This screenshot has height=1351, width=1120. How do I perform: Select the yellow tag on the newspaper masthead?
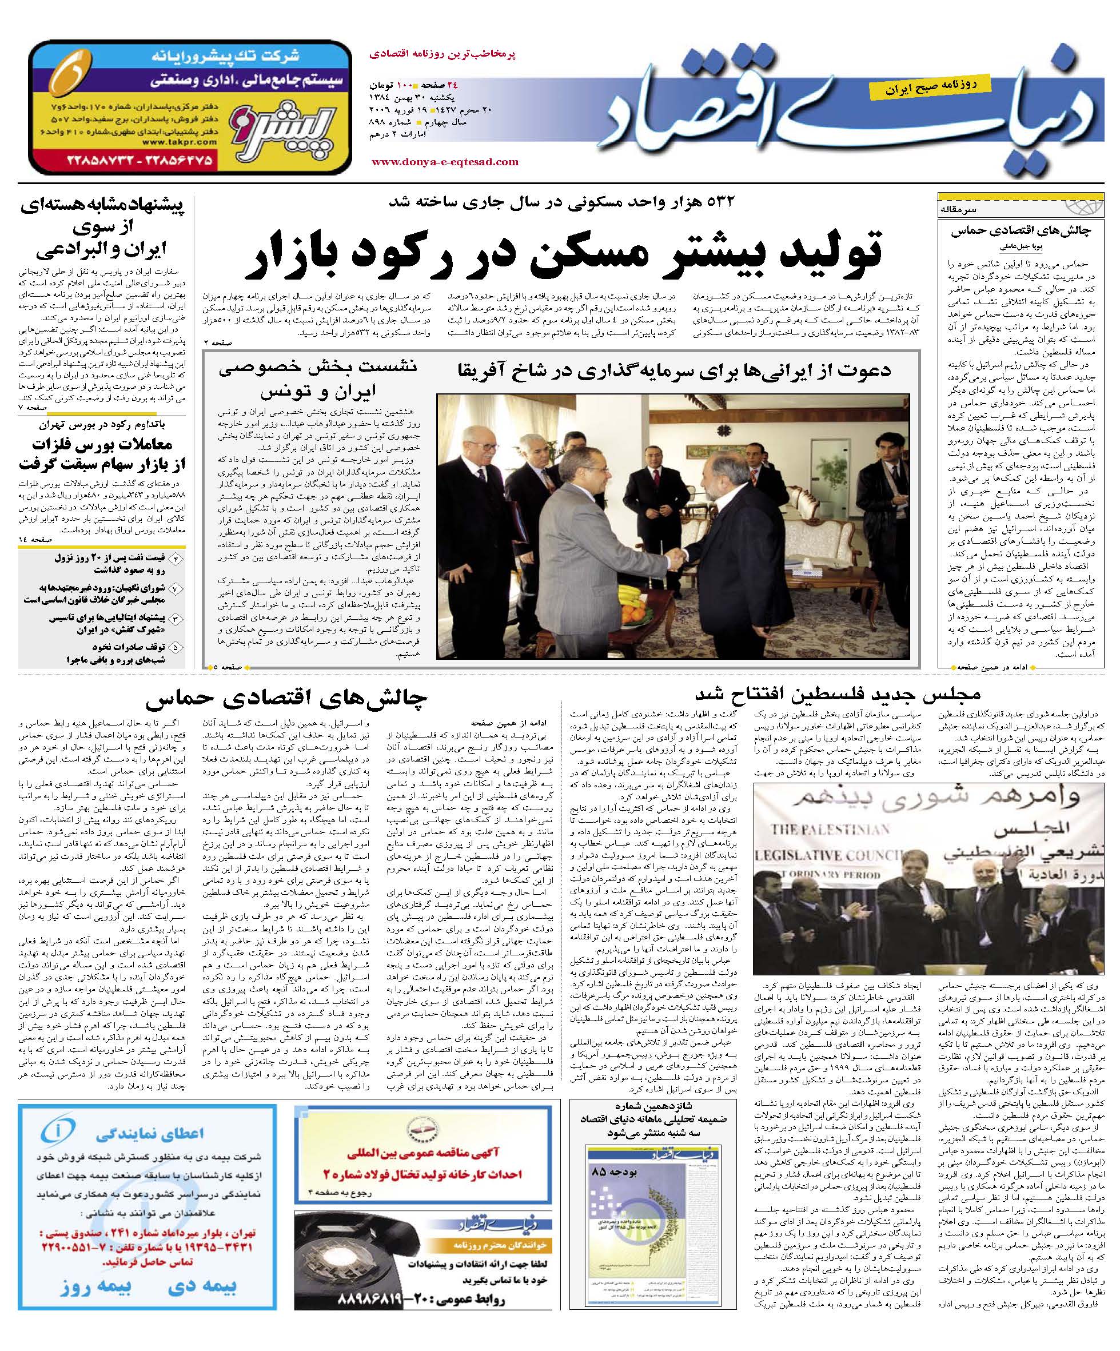920,87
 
